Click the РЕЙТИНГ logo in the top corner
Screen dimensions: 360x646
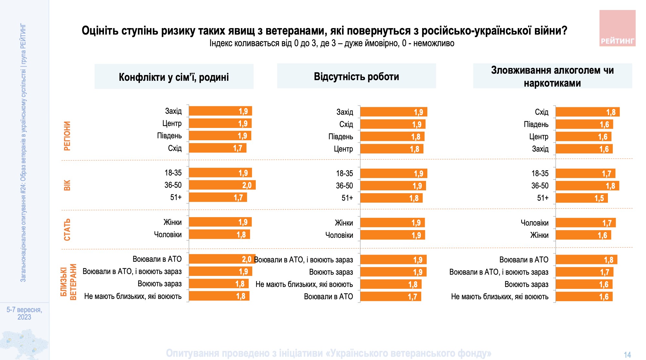point(617,28)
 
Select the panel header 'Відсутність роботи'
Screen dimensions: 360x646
point(356,77)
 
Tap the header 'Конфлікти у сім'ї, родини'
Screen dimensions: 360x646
point(174,77)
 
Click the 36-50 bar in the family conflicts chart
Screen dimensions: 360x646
point(222,185)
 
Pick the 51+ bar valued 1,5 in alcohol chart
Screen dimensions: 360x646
point(581,198)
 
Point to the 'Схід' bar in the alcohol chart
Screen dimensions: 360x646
point(588,112)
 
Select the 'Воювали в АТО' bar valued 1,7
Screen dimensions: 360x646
point(391,297)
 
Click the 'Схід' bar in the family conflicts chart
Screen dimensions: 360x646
point(218,148)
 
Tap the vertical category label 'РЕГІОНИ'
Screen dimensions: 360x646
point(67,136)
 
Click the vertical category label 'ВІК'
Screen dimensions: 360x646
point(67,185)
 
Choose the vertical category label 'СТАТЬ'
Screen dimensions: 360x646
point(67,230)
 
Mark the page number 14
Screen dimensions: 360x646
point(627,355)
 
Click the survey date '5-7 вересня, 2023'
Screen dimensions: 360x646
point(24,313)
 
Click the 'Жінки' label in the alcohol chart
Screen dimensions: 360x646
point(539,235)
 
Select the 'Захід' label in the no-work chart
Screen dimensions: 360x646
point(345,112)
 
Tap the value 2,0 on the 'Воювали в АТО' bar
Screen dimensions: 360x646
point(246,259)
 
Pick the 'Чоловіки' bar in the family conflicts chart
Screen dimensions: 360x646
point(219,235)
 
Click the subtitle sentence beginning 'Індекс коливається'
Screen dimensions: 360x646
point(332,43)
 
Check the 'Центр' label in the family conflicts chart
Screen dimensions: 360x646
point(172,123)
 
